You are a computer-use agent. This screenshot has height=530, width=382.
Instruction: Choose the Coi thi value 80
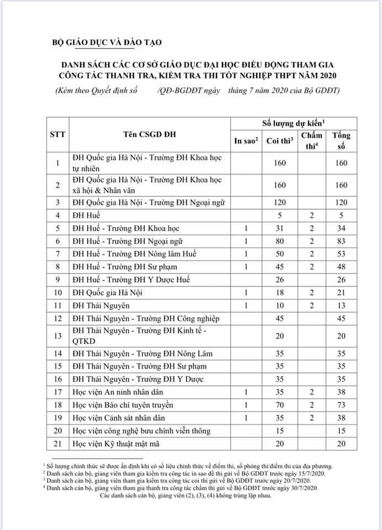pos(279,241)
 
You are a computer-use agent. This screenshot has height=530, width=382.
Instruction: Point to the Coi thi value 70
pos(279,405)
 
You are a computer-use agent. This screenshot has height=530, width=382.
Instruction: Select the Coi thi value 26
pos(279,279)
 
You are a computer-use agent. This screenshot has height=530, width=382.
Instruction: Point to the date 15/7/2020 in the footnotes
pos(316,474)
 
